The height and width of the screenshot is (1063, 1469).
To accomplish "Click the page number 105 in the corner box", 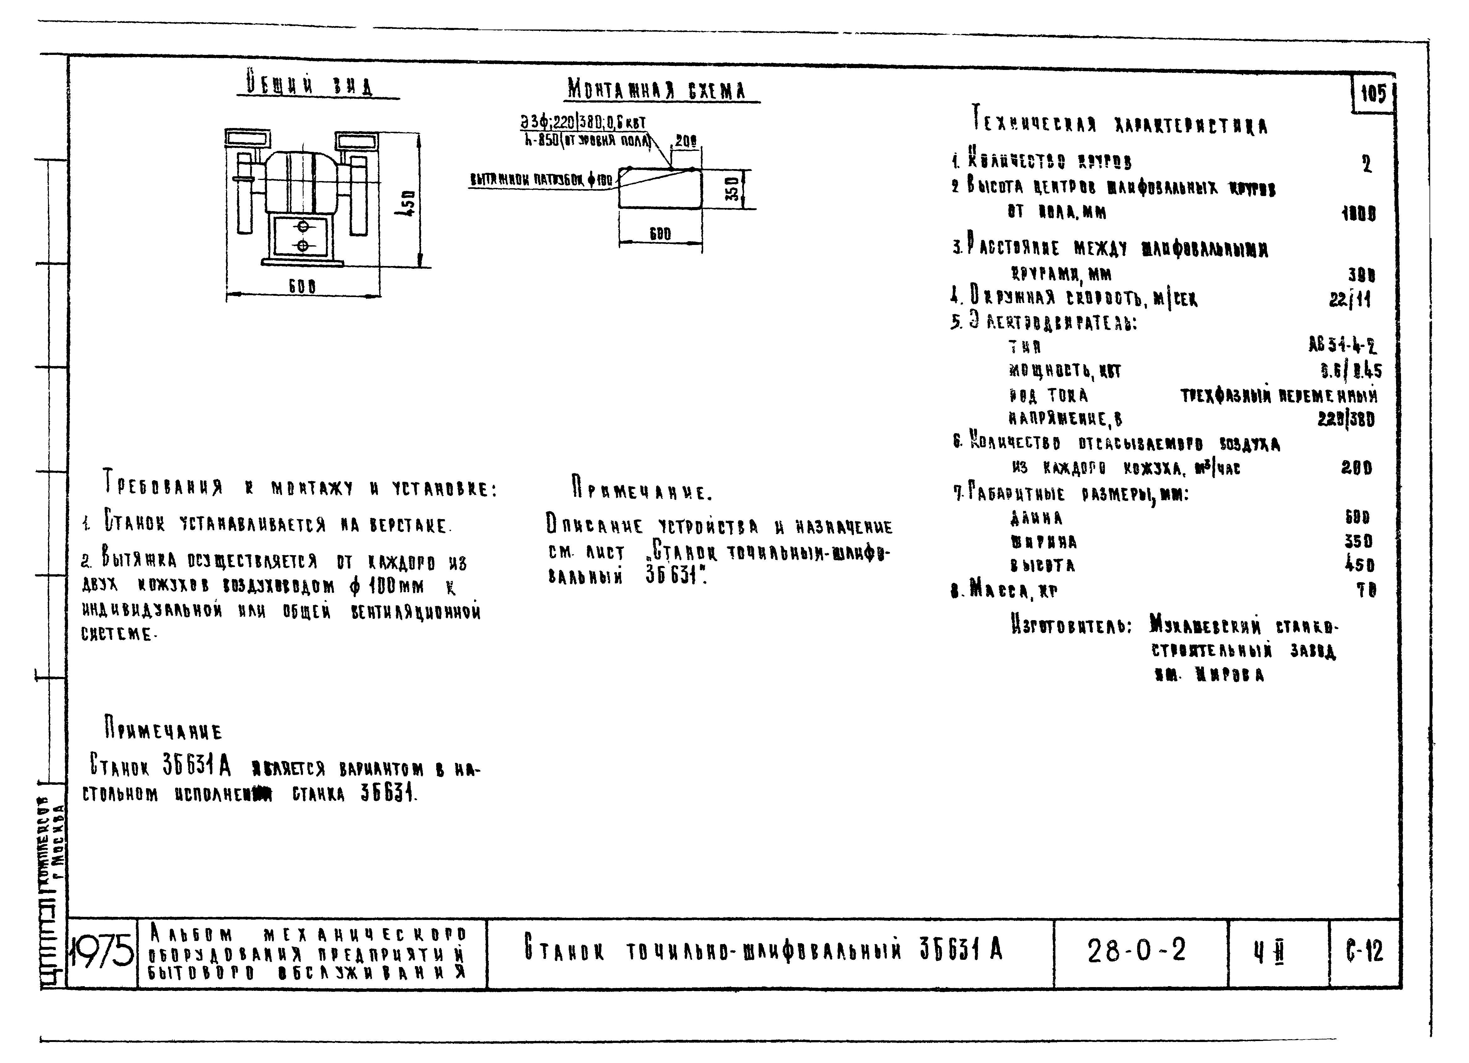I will (x=1372, y=95).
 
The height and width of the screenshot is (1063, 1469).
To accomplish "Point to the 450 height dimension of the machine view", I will (x=408, y=203).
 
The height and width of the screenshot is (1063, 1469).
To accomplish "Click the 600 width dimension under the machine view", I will (x=302, y=286).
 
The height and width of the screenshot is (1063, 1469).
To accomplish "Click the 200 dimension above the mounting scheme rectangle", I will (x=685, y=141).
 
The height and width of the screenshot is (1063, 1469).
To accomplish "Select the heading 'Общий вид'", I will (x=310, y=86).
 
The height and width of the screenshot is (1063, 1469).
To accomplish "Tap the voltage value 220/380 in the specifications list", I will (x=1345, y=419).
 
